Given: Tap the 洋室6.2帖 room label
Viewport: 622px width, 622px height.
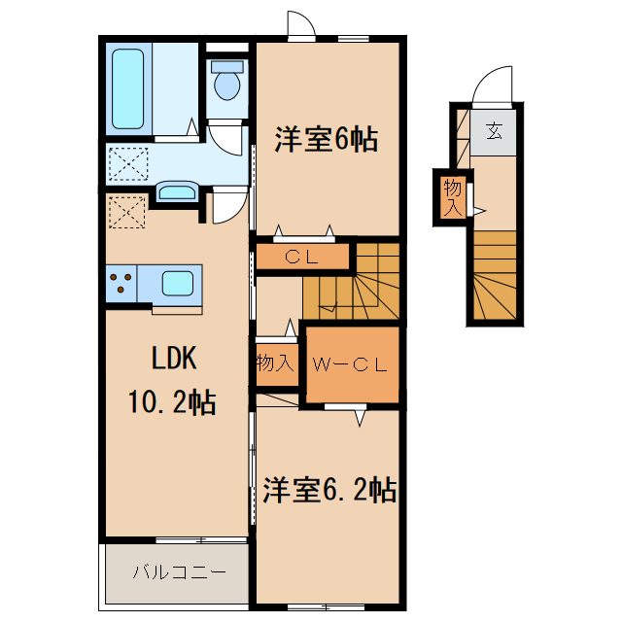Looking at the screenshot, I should pos(329,490).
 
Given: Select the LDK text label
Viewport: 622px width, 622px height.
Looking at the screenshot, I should pos(174,359).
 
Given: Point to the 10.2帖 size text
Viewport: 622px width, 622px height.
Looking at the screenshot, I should pos(171,400).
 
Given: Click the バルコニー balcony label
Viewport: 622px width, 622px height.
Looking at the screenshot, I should pos(179,571).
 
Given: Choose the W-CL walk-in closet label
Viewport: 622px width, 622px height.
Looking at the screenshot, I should pos(350,365).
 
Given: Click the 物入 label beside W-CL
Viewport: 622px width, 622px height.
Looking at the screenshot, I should pos(274,363).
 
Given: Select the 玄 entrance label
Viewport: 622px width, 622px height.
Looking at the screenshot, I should pos(496,129).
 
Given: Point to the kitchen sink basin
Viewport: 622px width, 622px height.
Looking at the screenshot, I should pos(178,284).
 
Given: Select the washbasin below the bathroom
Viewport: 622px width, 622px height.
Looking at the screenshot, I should pos(176,191).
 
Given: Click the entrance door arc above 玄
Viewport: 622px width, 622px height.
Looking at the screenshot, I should pos(493,86).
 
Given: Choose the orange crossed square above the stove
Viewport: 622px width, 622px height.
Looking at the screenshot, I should pos(125,211).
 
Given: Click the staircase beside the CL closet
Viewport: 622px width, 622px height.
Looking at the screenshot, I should pos(364,281).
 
